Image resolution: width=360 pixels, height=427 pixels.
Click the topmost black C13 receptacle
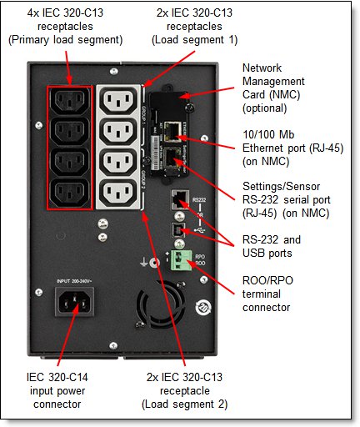click(x=69, y=101)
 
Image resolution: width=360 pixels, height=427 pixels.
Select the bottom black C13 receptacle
click(x=69, y=193)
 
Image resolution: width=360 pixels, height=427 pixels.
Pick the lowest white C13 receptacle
click(x=118, y=193)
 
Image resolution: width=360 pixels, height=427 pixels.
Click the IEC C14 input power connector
click(x=74, y=302)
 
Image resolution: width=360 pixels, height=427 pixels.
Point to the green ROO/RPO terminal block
click(x=181, y=260)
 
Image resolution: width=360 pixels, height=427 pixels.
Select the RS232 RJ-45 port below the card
click(x=180, y=199)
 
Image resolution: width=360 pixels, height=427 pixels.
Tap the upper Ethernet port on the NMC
click(x=172, y=132)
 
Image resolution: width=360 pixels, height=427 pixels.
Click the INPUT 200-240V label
click(x=74, y=281)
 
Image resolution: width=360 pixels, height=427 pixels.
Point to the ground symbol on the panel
click(x=143, y=262)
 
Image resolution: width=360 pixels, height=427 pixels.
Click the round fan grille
click(x=161, y=305)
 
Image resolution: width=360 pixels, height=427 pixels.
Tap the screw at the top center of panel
click(x=113, y=72)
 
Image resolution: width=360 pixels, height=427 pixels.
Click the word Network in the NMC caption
click(x=262, y=68)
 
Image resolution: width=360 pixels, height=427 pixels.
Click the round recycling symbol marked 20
click(x=203, y=308)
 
